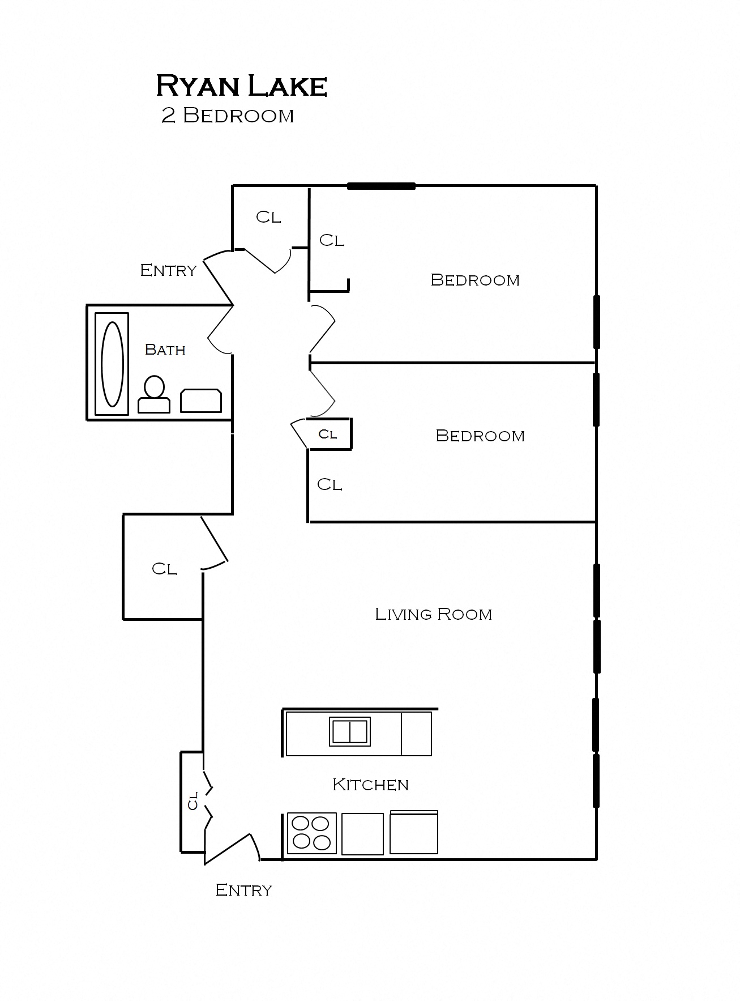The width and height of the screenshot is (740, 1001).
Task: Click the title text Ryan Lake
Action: pyautogui.click(x=241, y=86)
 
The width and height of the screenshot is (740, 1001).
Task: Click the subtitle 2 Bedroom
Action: pyautogui.click(x=228, y=116)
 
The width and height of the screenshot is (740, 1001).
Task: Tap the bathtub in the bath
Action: pyautogui.click(x=112, y=364)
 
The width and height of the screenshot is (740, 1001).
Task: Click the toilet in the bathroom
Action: pyautogui.click(x=154, y=395)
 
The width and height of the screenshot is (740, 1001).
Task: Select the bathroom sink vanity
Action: pyautogui.click(x=201, y=401)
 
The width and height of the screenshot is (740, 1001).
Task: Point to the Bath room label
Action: pyautogui.click(x=165, y=350)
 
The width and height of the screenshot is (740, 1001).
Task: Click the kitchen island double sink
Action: pyautogui.click(x=350, y=731)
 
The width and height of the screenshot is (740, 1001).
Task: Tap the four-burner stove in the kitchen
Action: pyautogui.click(x=311, y=833)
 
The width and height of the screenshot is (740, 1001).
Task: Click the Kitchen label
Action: pyautogui.click(x=370, y=785)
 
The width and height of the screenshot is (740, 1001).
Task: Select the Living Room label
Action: pyautogui.click(x=433, y=614)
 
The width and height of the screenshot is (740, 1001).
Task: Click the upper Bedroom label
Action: pyautogui.click(x=475, y=280)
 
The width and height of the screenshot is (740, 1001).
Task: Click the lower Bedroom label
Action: pyautogui.click(x=480, y=436)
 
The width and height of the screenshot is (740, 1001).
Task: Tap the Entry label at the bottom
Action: pyautogui.click(x=243, y=890)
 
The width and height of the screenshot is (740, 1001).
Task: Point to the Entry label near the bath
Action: pyautogui.click(x=168, y=270)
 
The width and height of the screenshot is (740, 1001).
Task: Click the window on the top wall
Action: pyautogui.click(x=381, y=186)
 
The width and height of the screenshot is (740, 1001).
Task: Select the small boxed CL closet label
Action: pyautogui.click(x=328, y=435)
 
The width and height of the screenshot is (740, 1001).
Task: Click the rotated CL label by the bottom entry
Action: pyautogui.click(x=193, y=800)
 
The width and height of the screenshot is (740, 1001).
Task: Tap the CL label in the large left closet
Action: pyautogui.click(x=164, y=568)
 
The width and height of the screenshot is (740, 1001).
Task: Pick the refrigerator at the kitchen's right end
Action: pyautogui.click(x=414, y=833)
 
